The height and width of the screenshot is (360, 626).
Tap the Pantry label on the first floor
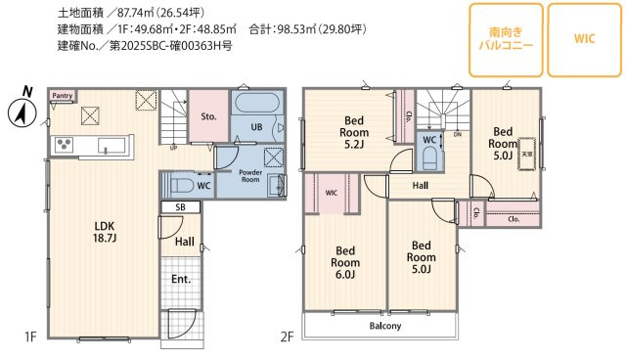click(x=62, y=95)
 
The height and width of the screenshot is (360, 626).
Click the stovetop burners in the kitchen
click(x=66, y=146)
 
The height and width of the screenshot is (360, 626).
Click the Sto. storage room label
click(x=208, y=115)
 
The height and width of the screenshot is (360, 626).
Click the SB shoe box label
click(x=180, y=208)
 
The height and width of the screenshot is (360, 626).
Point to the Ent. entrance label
click(x=182, y=280)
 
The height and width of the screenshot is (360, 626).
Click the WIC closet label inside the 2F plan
click(x=331, y=193)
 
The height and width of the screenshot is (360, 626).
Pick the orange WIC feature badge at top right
click(x=583, y=39)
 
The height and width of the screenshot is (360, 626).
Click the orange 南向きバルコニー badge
click(x=506, y=39)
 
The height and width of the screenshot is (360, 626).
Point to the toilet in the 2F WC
click(x=427, y=157)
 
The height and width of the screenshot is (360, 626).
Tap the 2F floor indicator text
click(x=287, y=337)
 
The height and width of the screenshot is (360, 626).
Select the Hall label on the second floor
click(x=420, y=184)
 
